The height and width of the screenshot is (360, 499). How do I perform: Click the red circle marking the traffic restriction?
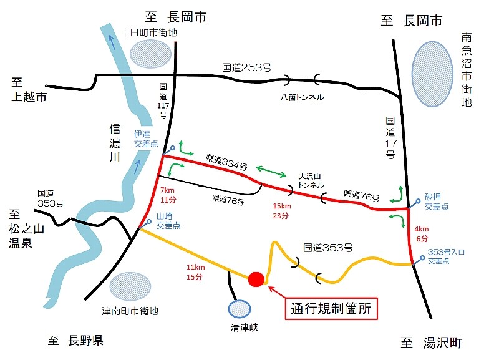click(256, 279)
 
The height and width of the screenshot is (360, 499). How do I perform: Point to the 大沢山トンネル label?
click(310, 181)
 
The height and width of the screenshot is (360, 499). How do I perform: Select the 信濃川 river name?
click(114, 143)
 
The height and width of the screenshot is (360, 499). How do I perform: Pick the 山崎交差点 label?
click(168, 221)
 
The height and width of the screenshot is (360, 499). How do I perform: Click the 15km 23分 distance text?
click(281, 211)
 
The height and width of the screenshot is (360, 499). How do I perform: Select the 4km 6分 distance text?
click(422, 234)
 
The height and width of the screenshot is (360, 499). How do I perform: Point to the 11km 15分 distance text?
click(195, 272)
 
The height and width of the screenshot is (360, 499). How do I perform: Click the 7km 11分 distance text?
click(168, 195)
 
